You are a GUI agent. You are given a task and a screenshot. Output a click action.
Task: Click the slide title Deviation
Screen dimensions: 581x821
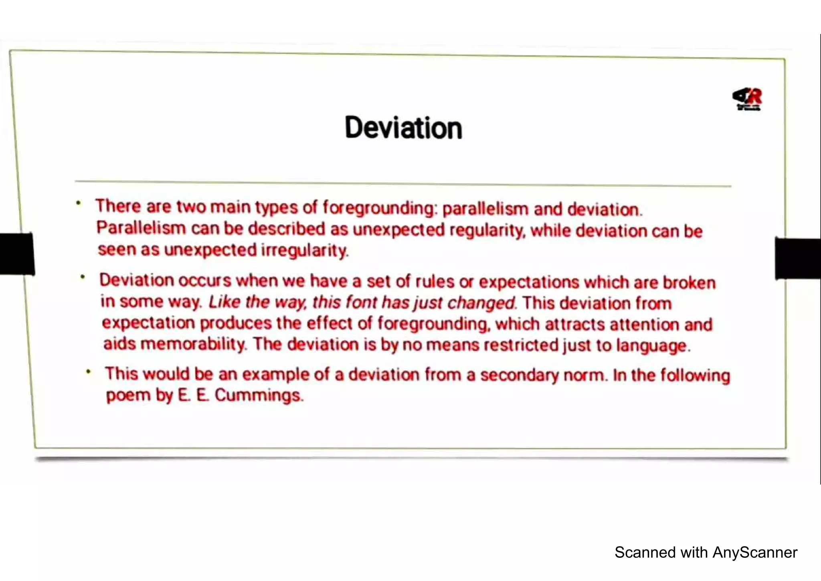(x=403, y=128)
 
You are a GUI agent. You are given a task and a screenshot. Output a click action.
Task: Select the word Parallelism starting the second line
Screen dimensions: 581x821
(x=141, y=228)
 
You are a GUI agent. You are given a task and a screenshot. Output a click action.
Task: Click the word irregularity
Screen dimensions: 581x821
(x=305, y=250)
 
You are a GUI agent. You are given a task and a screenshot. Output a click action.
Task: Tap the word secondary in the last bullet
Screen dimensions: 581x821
(x=519, y=375)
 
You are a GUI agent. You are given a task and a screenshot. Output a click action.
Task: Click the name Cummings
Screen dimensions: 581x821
(x=259, y=395)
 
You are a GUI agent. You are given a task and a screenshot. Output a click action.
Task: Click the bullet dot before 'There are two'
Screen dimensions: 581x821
(x=79, y=203)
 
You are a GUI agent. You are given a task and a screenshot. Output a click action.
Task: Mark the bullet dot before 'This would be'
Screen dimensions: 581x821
(x=89, y=372)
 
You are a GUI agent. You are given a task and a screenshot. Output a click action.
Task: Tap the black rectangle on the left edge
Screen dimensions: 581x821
(x=17, y=254)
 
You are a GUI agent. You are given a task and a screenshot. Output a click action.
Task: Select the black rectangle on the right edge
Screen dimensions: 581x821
(x=798, y=258)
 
